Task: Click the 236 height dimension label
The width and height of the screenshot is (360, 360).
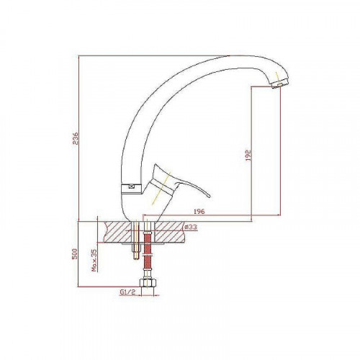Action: click(x=76, y=138)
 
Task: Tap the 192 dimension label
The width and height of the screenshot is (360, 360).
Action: click(x=248, y=156)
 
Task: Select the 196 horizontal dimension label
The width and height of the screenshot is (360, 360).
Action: click(x=199, y=212)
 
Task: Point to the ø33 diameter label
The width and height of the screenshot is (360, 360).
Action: click(x=191, y=227)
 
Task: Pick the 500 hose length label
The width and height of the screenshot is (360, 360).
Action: click(x=75, y=253)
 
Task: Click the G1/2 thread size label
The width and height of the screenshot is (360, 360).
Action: click(x=127, y=292)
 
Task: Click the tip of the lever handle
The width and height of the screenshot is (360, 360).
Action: click(x=210, y=196)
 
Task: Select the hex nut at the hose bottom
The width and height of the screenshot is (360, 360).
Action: click(x=148, y=283)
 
